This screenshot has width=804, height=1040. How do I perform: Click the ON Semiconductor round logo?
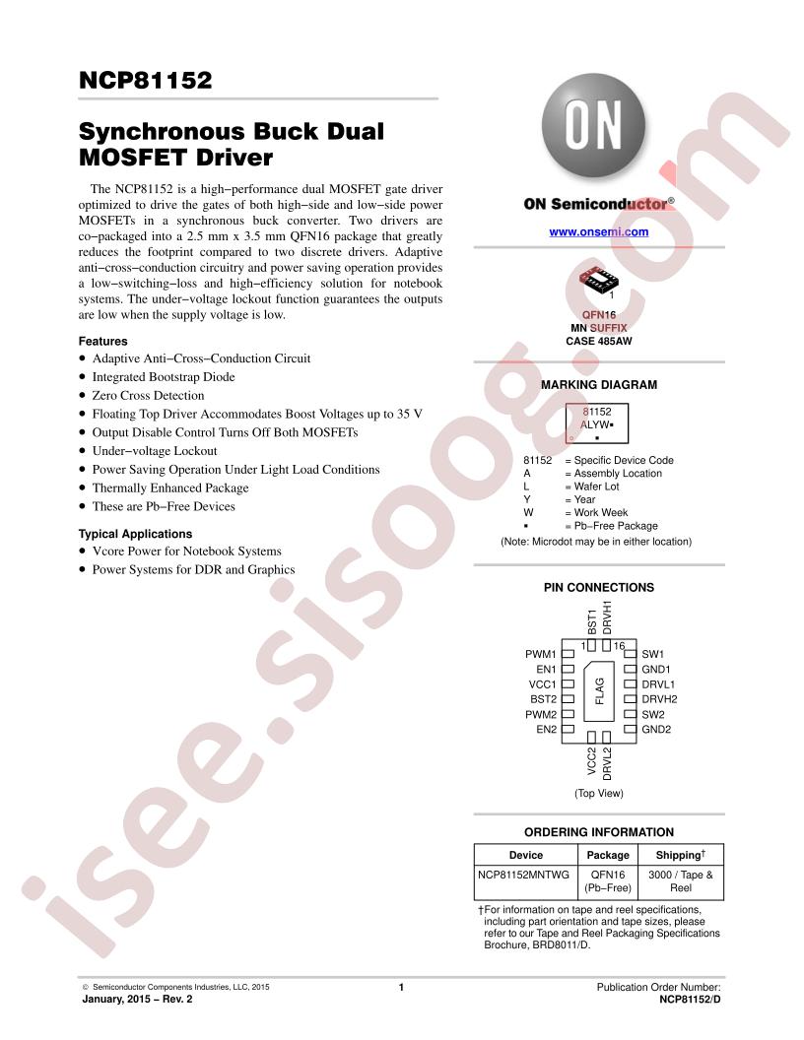pyautogui.click(x=593, y=125)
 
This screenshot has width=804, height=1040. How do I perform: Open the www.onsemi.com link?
pyautogui.click(x=598, y=232)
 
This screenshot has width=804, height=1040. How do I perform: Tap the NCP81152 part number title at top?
pyautogui.click(x=145, y=80)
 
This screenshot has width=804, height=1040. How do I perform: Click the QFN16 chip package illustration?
pyautogui.click(x=598, y=280)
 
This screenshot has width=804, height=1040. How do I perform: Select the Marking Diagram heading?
pyautogui.click(x=598, y=385)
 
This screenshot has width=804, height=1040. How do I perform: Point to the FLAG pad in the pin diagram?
pyautogui.click(x=599, y=691)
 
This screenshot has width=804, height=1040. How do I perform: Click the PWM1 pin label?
pyautogui.click(x=541, y=654)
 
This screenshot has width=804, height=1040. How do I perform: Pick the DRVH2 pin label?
pyautogui.click(x=659, y=699)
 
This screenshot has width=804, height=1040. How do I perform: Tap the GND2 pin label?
pyautogui.click(x=656, y=730)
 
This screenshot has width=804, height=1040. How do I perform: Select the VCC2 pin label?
pyautogui.click(x=592, y=760)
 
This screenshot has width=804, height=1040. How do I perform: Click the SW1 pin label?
pyautogui.click(x=652, y=654)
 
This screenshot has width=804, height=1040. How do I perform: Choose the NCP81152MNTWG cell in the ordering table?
pyautogui.click(x=523, y=875)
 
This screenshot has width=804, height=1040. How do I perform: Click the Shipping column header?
pyautogui.click(x=681, y=855)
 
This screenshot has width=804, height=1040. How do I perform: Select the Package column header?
pyautogui.click(x=608, y=856)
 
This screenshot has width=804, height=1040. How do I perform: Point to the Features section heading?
pyautogui.click(x=102, y=342)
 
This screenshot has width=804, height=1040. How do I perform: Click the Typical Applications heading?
pyautogui.click(x=135, y=534)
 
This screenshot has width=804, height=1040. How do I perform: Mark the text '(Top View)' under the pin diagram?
pyautogui.click(x=599, y=793)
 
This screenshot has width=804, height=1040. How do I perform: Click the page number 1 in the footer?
pyautogui.click(x=401, y=988)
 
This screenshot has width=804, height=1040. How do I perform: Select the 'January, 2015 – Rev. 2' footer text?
pyautogui.click(x=137, y=999)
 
